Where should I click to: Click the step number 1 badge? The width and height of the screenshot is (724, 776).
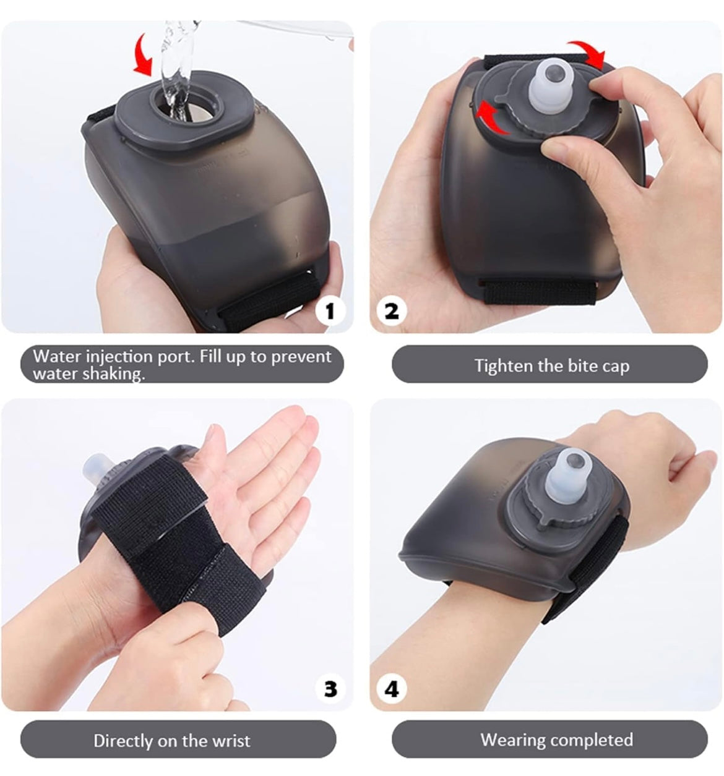coord(331,311)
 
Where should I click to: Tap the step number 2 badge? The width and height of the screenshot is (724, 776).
coord(392,311)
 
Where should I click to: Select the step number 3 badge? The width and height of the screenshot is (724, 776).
coord(331,689)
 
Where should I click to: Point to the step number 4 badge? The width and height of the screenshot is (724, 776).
coord(392,689)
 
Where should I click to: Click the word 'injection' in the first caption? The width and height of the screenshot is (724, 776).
coord(119,357)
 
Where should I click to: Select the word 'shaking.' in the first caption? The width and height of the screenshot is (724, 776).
coord(113,374)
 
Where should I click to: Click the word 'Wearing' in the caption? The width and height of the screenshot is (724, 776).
coord(513,740)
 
